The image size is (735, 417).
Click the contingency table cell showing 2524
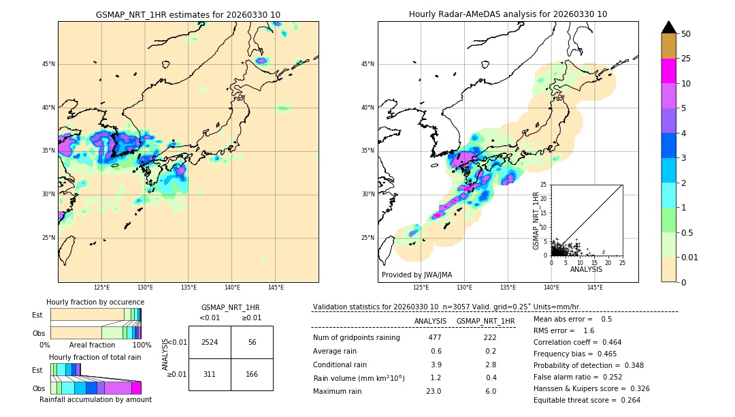[210, 342]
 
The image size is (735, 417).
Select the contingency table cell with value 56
[252, 342]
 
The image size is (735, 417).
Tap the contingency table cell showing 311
[210, 374]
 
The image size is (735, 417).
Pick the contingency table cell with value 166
[252, 374]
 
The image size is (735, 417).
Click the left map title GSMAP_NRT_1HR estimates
[188, 14]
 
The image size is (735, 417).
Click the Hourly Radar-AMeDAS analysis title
[508, 14]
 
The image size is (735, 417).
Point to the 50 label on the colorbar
[686, 34]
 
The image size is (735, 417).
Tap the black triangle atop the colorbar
[669, 27]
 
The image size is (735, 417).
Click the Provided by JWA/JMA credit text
[416, 275]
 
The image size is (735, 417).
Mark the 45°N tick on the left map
[48, 64]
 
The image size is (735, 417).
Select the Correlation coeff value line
[577, 342]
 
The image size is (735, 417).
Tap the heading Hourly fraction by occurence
[95, 302]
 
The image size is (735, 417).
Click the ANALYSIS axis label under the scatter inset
[586, 269]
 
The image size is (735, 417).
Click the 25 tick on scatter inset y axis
[544, 185]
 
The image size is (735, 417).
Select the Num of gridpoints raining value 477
[435, 337]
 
